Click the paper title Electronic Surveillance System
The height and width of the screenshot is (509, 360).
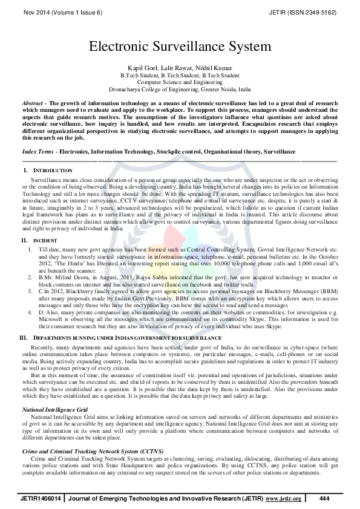[x=180, y=46]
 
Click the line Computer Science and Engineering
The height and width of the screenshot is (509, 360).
[x=180, y=81]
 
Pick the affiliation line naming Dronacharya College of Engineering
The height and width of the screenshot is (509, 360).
[x=180, y=88]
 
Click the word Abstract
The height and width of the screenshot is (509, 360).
[x=33, y=103]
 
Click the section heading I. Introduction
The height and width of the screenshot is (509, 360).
[x=51, y=172]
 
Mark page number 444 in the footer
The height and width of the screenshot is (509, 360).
[x=324, y=498]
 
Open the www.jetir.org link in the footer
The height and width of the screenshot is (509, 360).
[x=283, y=498]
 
